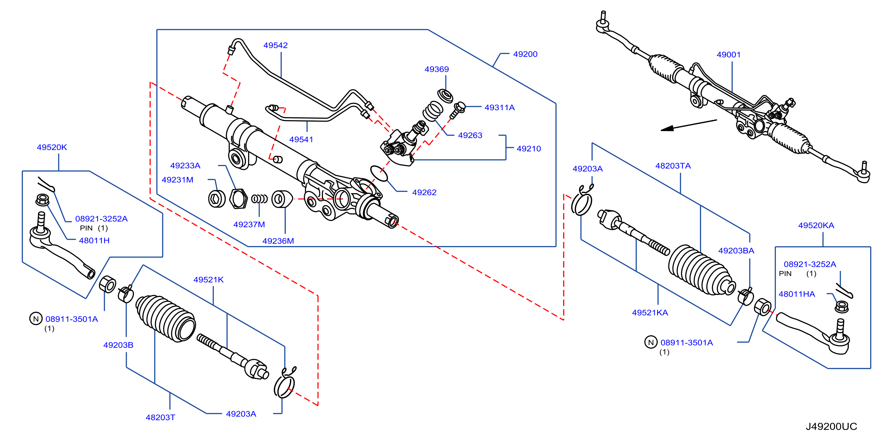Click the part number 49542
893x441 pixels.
tap(275, 45)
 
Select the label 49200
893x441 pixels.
tap(525, 54)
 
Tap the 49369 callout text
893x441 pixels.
tap(436, 69)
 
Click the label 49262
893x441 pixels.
tap(424, 193)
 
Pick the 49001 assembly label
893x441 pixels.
tap(728, 55)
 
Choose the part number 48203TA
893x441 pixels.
tap(673, 166)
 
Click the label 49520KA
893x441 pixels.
tap(816, 226)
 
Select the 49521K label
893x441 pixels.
tap(208, 280)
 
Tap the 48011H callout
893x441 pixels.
tap(94, 241)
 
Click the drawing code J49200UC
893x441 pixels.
tap(831, 426)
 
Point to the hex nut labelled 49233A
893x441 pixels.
tap(239, 199)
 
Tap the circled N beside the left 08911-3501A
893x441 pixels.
tap(36, 319)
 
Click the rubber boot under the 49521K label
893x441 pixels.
tap(165, 318)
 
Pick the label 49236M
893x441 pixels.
tap(278, 241)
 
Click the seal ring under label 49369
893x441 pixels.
tap(445, 96)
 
